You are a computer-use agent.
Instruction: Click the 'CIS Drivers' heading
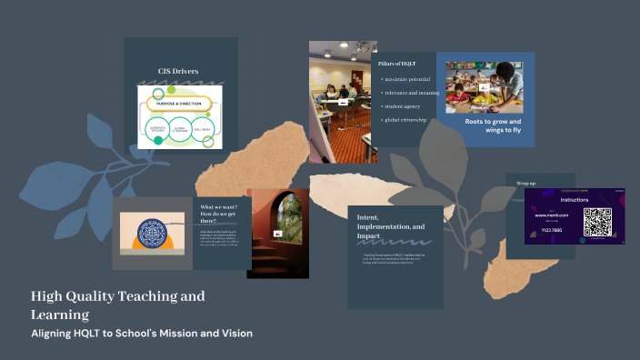[x=178, y=70]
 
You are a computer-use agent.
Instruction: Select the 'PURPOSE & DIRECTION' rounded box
[x=178, y=104]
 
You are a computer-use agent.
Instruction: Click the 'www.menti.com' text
[x=552, y=215]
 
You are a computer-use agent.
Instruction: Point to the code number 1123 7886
[x=550, y=231]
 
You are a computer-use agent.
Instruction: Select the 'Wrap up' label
[x=526, y=183]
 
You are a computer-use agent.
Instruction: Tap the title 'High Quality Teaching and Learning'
[x=117, y=305]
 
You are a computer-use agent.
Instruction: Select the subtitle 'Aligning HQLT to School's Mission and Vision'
[x=142, y=334]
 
